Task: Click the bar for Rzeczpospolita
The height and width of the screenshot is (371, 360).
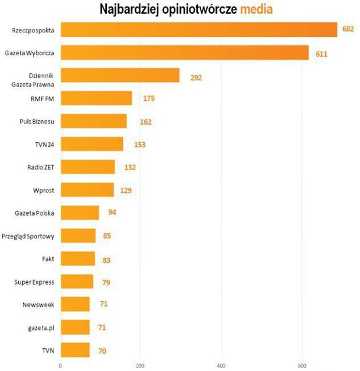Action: pos(198,29)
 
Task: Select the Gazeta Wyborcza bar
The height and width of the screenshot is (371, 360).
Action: pos(184,52)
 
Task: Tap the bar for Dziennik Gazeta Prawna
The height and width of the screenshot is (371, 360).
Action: pos(119,76)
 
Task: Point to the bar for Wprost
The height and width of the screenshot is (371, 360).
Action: pos(87,190)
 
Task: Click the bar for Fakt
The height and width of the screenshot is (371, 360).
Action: pos(77,259)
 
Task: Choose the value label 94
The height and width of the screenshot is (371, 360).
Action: pos(112,213)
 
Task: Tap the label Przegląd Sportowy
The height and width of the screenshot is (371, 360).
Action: pos(28,236)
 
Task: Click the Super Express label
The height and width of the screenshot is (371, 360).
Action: pos(34,282)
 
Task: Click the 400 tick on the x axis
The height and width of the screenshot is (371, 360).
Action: pos(221,365)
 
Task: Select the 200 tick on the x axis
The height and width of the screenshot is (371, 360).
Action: pos(140,365)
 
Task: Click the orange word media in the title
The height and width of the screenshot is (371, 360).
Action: pos(256,9)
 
